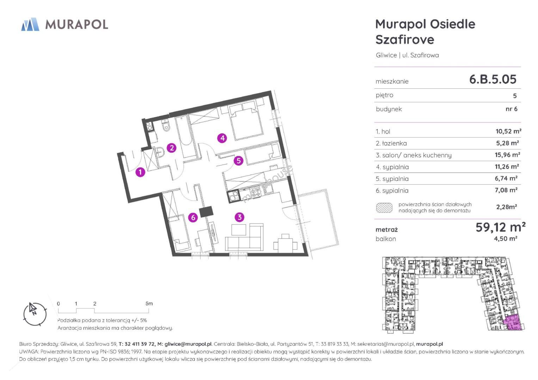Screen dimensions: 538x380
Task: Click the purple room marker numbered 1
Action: coord(140,172)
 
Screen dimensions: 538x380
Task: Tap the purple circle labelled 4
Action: coord(222,138)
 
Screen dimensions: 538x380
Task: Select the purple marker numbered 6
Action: coord(193,217)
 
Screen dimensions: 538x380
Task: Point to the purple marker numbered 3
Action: coord(239,217)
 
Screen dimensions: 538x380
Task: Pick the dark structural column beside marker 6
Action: coord(206,212)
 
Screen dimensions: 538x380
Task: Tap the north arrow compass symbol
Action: coord(35,314)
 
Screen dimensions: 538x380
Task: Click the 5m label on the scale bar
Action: coord(149,303)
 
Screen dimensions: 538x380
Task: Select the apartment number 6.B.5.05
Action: coord(493,79)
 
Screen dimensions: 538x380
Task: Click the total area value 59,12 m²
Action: coord(501,227)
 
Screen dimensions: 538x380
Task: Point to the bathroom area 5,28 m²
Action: coord(507,143)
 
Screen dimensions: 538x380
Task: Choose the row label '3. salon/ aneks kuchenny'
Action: coord(414,155)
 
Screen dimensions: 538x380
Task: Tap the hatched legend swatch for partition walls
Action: coord(384,208)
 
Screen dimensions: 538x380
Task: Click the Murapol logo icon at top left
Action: coord(30,24)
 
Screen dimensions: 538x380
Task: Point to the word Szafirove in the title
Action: coord(405,39)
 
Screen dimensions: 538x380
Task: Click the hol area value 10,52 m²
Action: coord(508,131)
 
